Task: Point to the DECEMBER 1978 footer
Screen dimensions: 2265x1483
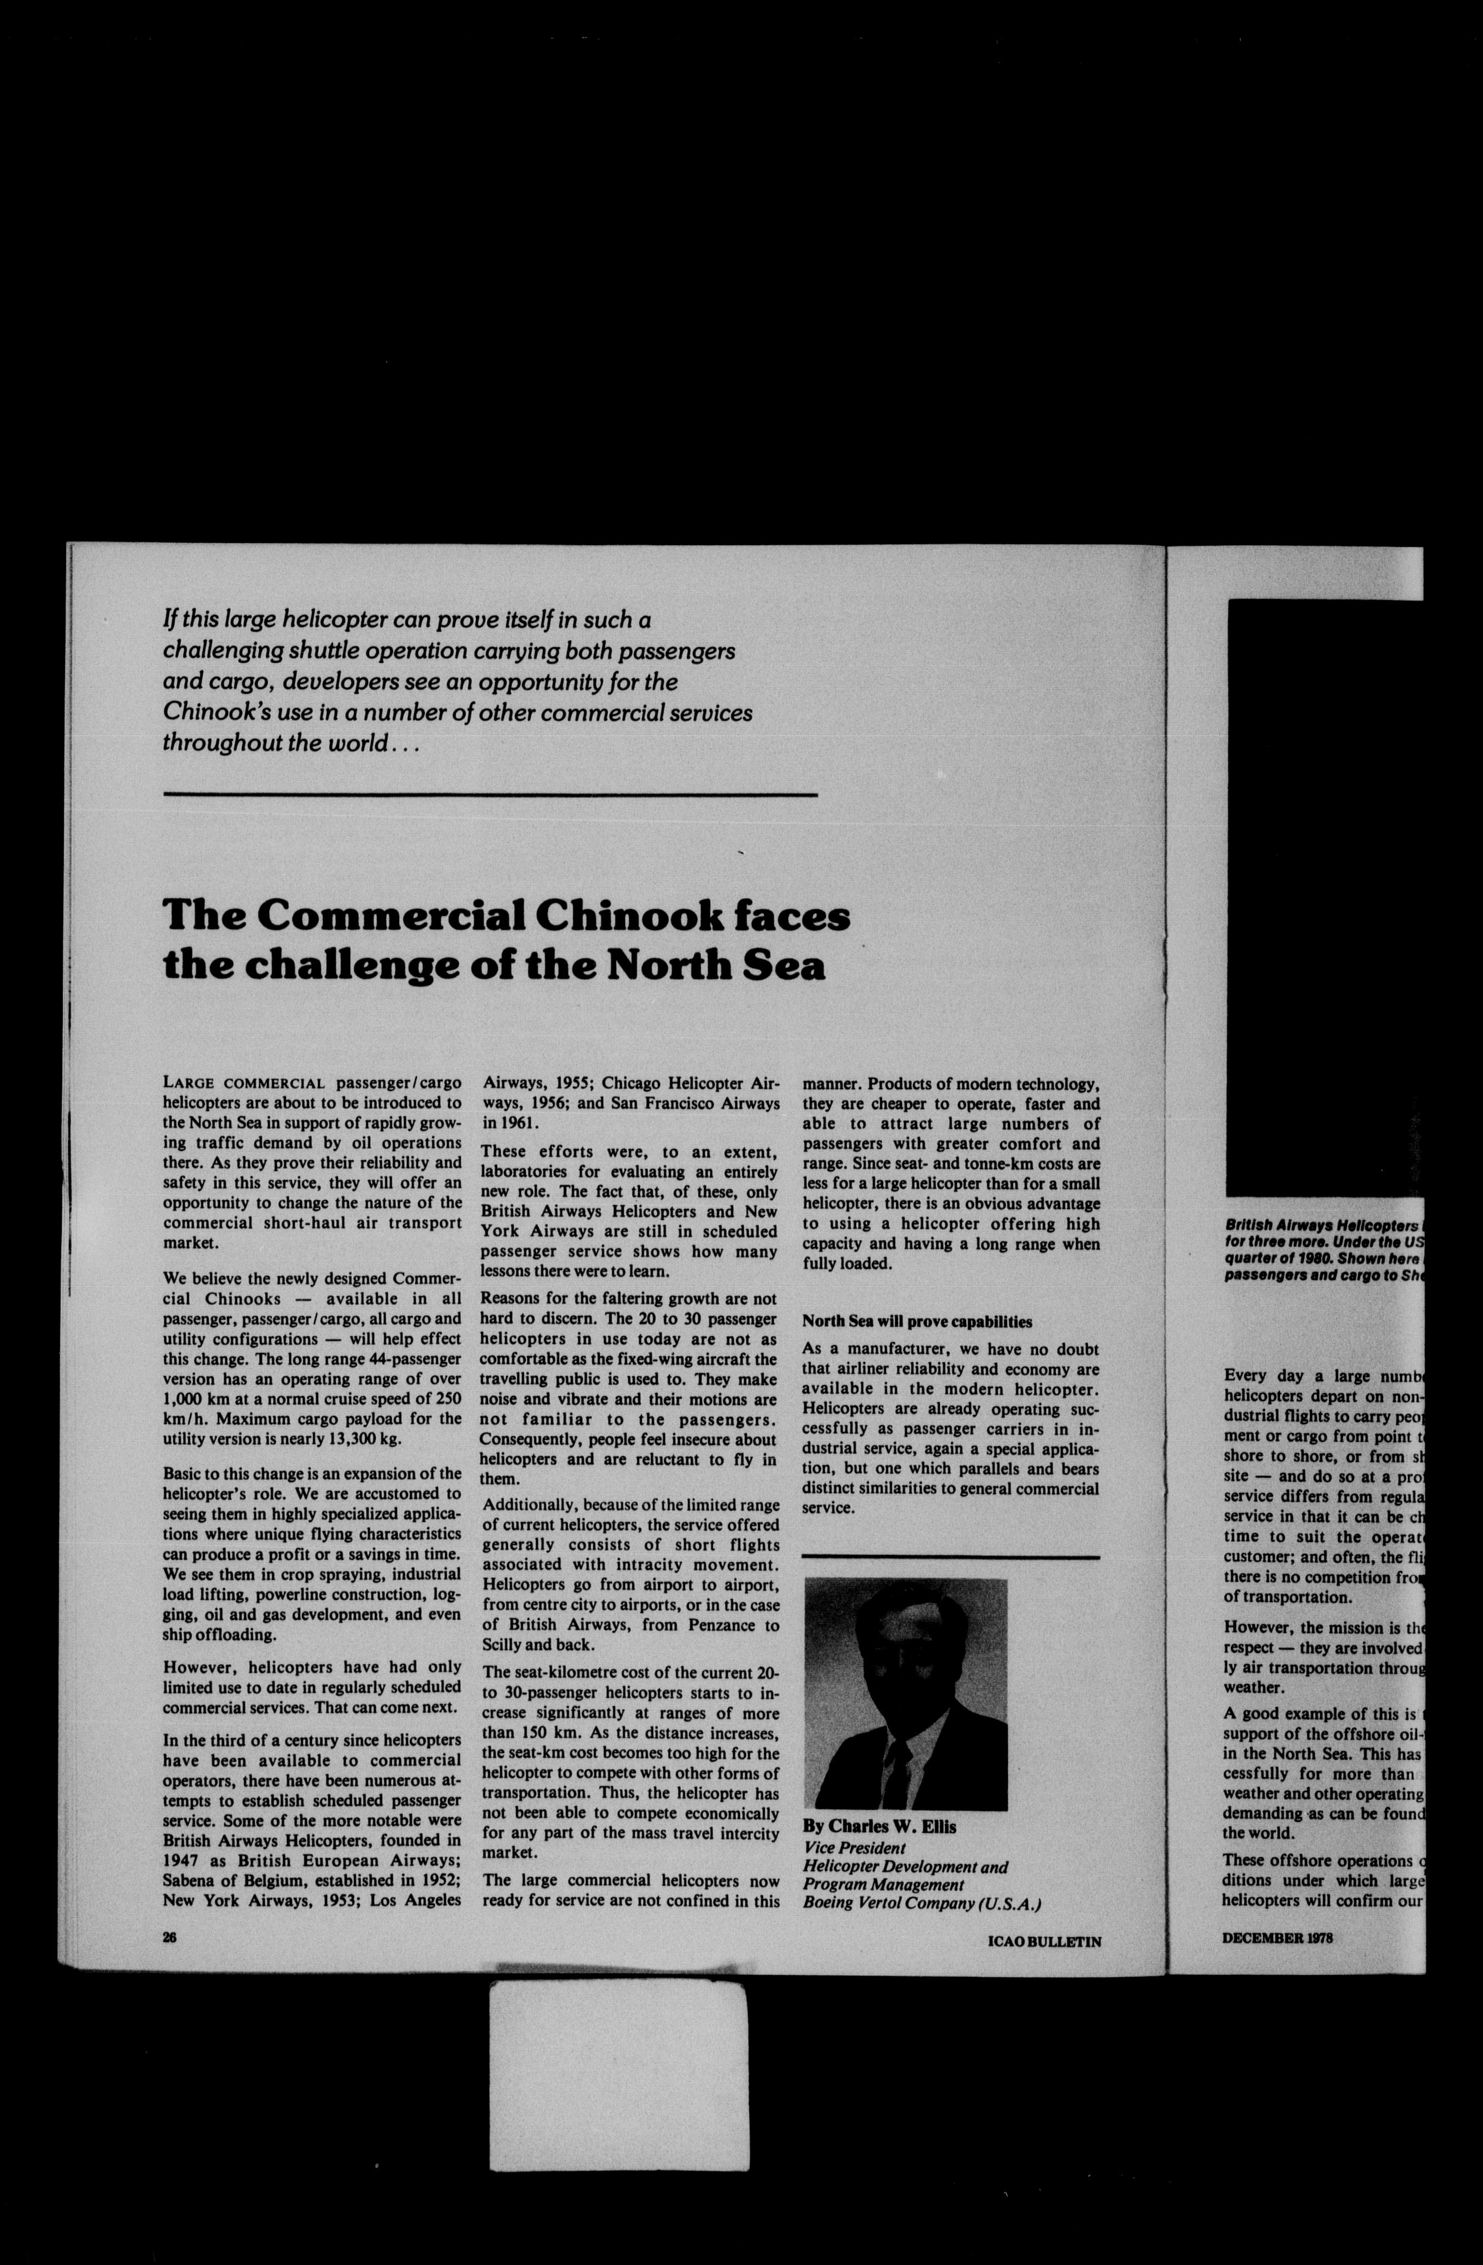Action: pos(1277,1937)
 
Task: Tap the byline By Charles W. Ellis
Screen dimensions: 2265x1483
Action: pos(879,1826)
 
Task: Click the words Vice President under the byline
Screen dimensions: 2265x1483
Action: pos(854,1847)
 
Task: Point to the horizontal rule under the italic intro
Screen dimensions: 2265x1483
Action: pos(490,794)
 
